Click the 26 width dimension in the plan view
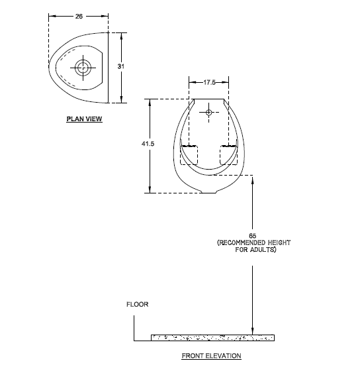(79, 13)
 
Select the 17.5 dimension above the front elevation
(209, 82)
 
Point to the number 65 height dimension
(252, 235)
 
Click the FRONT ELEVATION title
(211, 356)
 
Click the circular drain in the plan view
(83, 67)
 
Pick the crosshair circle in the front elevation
(209, 113)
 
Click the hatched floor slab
(212, 337)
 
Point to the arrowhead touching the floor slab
(253, 331)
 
